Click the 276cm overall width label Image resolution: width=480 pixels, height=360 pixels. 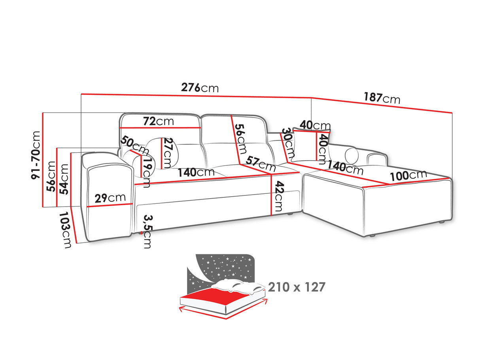[x=200, y=88]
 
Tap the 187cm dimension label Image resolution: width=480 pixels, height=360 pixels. [x=382, y=98]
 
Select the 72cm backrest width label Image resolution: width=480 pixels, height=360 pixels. [x=159, y=121]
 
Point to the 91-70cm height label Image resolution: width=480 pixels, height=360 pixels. [x=36, y=155]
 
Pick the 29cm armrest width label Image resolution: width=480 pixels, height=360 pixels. [x=110, y=198]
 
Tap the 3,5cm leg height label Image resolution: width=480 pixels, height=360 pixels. [x=147, y=231]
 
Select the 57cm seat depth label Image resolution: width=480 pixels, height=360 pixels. [x=260, y=164]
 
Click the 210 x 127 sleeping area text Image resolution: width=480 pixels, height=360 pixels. [x=297, y=287]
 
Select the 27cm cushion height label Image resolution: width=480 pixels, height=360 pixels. [x=167, y=153]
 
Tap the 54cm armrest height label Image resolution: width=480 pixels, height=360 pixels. [x=64, y=179]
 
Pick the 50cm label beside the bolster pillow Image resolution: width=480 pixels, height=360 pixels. [x=134, y=144]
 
